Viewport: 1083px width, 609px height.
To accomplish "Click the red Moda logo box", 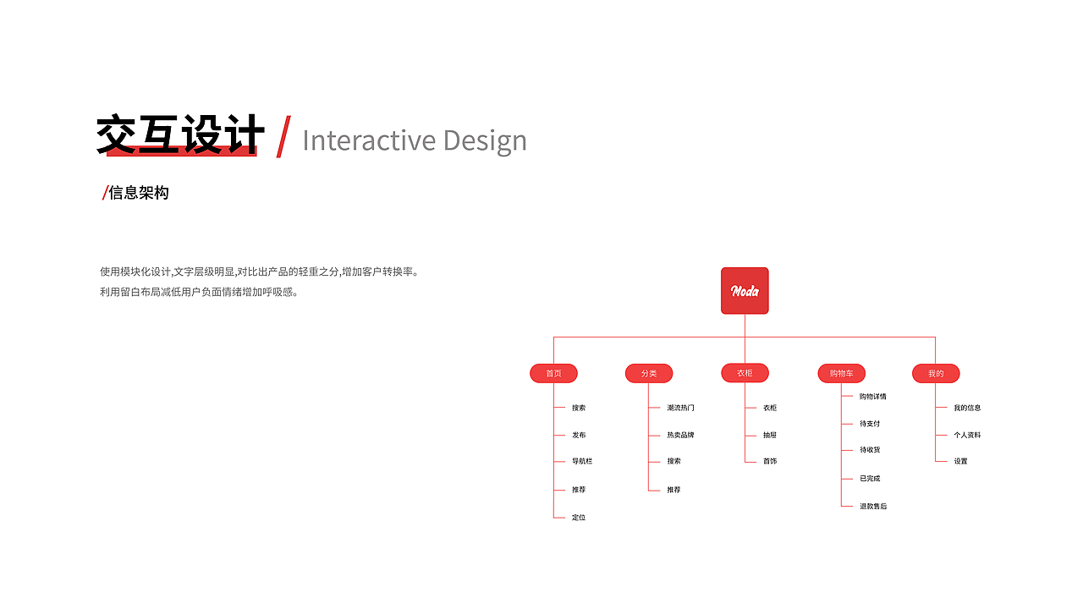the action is (x=745, y=290).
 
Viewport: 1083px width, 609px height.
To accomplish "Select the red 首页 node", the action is (x=553, y=373).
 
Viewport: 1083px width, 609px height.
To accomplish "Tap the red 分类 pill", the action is (x=649, y=373).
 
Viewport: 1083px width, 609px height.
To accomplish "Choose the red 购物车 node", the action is (x=841, y=373).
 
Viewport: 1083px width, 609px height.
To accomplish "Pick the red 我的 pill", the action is (x=936, y=373).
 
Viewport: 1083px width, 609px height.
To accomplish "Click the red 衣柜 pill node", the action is (x=745, y=373).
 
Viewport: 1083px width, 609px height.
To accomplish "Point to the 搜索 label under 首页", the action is (x=579, y=408).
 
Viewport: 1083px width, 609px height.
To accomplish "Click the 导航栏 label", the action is (x=582, y=461).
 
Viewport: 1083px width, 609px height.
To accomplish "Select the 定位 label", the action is (x=579, y=517).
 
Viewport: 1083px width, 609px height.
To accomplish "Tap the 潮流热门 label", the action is (x=680, y=408).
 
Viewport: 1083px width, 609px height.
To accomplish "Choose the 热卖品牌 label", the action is (x=680, y=435).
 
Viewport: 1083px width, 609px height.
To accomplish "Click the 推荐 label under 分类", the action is (x=673, y=490).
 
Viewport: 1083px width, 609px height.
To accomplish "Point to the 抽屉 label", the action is (x=770, y=435).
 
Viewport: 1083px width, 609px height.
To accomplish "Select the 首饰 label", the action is (x=770, y=461).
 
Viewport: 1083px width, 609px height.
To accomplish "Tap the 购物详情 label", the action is (x=872, y=397).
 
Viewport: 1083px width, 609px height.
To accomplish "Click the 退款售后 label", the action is (x=873, y=506).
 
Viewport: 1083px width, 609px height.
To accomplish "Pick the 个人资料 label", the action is (x=967, y=435).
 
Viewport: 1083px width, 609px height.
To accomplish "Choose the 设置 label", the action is (x=960, y=461).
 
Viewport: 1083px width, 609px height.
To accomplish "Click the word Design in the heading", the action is (x=485, y=141).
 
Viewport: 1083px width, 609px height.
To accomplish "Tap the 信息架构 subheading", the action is (x=138, y=193).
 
